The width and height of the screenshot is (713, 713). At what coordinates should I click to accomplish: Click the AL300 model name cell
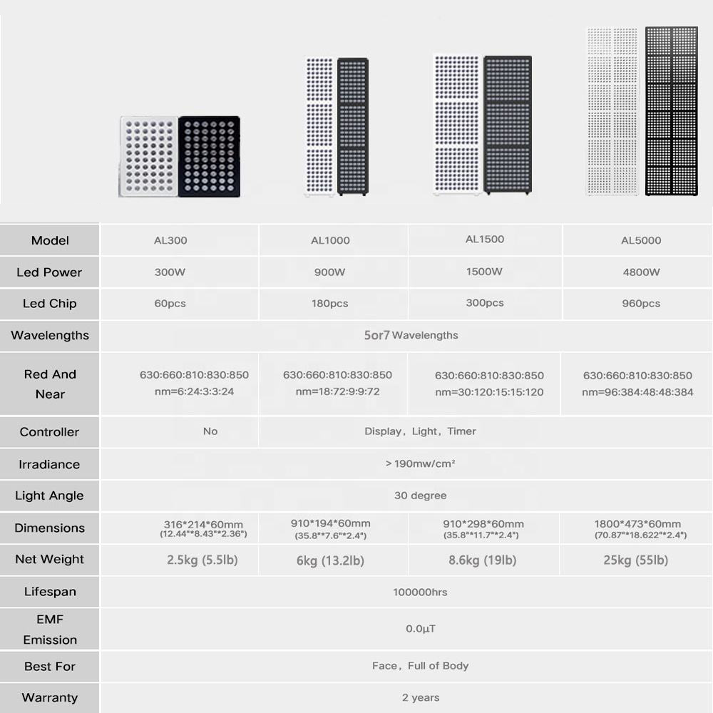(x=170, y=240)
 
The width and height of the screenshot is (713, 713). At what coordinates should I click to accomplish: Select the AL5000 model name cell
(x=641, y=240)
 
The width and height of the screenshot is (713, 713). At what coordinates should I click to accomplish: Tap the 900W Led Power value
(x=329, y=272)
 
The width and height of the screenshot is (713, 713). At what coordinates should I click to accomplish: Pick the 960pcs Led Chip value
(x=641, y=304)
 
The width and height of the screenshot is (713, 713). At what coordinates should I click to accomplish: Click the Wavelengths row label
(x=50, y=335)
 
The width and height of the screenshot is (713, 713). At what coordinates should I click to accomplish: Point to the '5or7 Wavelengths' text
(x=411, y=335)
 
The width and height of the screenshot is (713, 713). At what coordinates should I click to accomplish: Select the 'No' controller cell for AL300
(x=210, y=431)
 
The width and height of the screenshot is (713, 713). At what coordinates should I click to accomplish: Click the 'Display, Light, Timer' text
(x=420, y=431)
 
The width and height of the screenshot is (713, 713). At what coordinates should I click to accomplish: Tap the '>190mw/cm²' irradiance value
(x=420, y=463)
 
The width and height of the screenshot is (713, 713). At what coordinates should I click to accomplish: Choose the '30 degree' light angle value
(x=420, y=496)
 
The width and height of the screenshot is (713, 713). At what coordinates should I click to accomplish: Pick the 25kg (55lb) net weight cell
(x=635, y=560)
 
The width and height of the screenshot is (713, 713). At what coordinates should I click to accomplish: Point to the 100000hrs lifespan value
(x=420, y=592)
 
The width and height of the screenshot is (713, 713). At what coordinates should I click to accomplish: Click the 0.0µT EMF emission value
(x=420, y=629)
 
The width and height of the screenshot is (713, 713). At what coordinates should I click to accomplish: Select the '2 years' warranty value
(x=420, y=697)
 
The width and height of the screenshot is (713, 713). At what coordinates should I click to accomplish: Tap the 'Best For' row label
(x=50, y=666)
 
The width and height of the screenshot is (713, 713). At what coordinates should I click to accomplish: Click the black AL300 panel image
(x=209, y=157)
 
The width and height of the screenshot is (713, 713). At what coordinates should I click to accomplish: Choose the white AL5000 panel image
(x=612, y=111)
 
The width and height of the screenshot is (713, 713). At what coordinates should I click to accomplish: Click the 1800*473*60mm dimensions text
(x=637, y=524)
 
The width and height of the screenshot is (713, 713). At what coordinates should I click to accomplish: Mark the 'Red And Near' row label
(x=50, y=384)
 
